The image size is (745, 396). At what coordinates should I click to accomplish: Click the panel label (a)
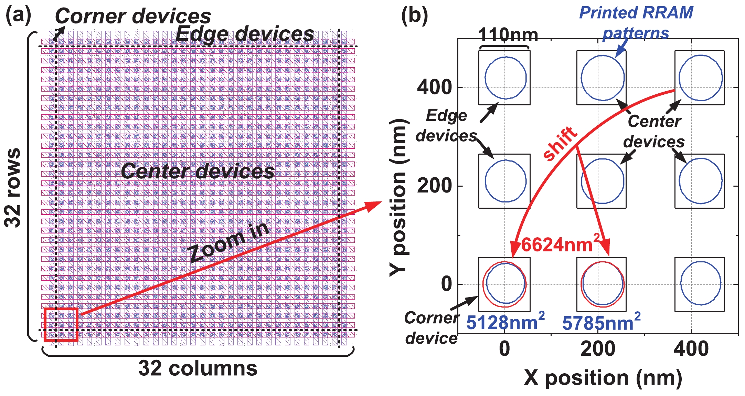point(18,15)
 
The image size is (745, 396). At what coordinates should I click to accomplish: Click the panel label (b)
point(414,15)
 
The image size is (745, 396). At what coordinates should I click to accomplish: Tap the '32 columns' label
point(198,368)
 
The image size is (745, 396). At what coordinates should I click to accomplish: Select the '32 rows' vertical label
point(13,188)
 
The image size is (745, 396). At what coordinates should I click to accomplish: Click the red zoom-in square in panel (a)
point(61,325)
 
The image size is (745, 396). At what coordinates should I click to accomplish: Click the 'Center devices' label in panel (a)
point(198,171)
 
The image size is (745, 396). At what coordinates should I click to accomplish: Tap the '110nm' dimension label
point(508,35)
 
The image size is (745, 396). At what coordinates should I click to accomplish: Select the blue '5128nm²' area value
point(505,322)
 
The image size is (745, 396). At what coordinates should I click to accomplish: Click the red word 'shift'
point(560,143)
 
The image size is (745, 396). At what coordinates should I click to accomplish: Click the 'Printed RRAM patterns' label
point(636,23)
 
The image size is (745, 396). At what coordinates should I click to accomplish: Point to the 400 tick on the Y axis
point(434,87)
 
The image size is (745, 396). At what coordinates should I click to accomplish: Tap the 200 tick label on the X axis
point(598,349)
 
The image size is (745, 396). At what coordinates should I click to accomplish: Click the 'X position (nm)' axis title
point(603,378)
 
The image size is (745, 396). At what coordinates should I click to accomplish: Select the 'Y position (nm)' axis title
point(399,198)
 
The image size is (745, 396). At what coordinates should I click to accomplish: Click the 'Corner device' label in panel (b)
point(431,328)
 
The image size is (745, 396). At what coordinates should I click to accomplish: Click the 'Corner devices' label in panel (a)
point(133,16)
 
